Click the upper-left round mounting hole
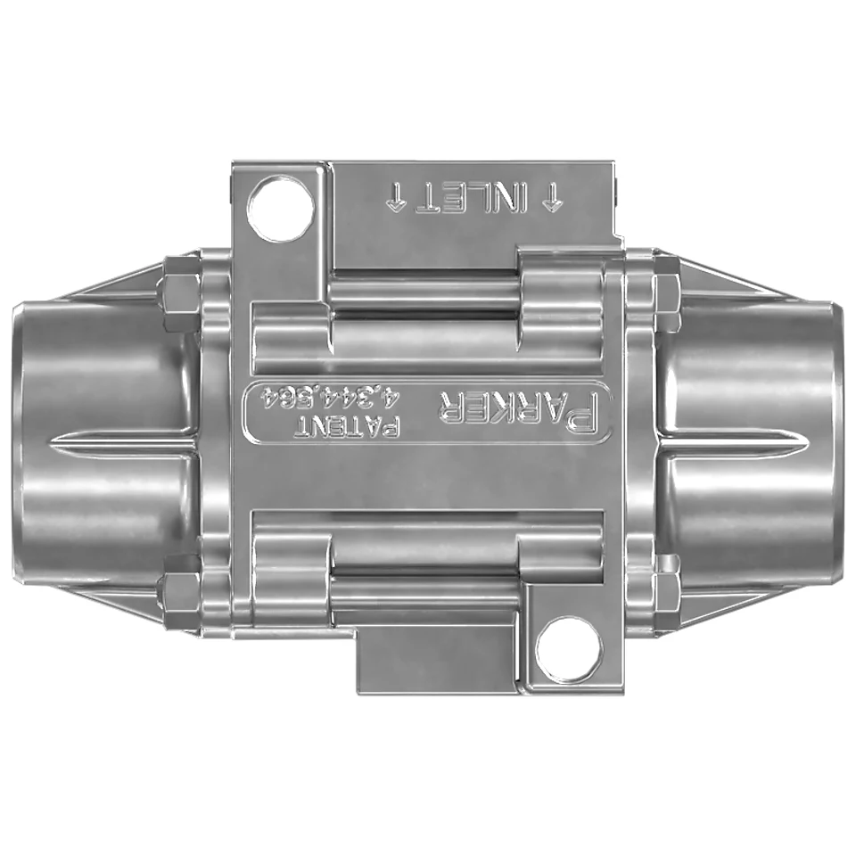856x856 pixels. [281, 208]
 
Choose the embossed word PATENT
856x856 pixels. [347, 426]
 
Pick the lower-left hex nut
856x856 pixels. [179, 582]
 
